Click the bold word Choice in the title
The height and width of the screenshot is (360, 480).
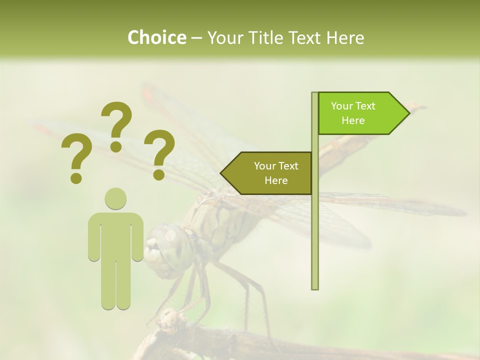156,37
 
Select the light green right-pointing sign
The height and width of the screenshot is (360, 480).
360,113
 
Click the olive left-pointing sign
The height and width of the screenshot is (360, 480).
270,173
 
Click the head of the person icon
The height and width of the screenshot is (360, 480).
115,199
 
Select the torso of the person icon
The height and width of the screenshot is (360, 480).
115,235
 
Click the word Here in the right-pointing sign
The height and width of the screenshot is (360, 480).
353,120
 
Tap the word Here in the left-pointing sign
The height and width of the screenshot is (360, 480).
276,180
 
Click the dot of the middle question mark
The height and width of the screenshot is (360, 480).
116,146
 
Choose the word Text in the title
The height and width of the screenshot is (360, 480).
306,37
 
